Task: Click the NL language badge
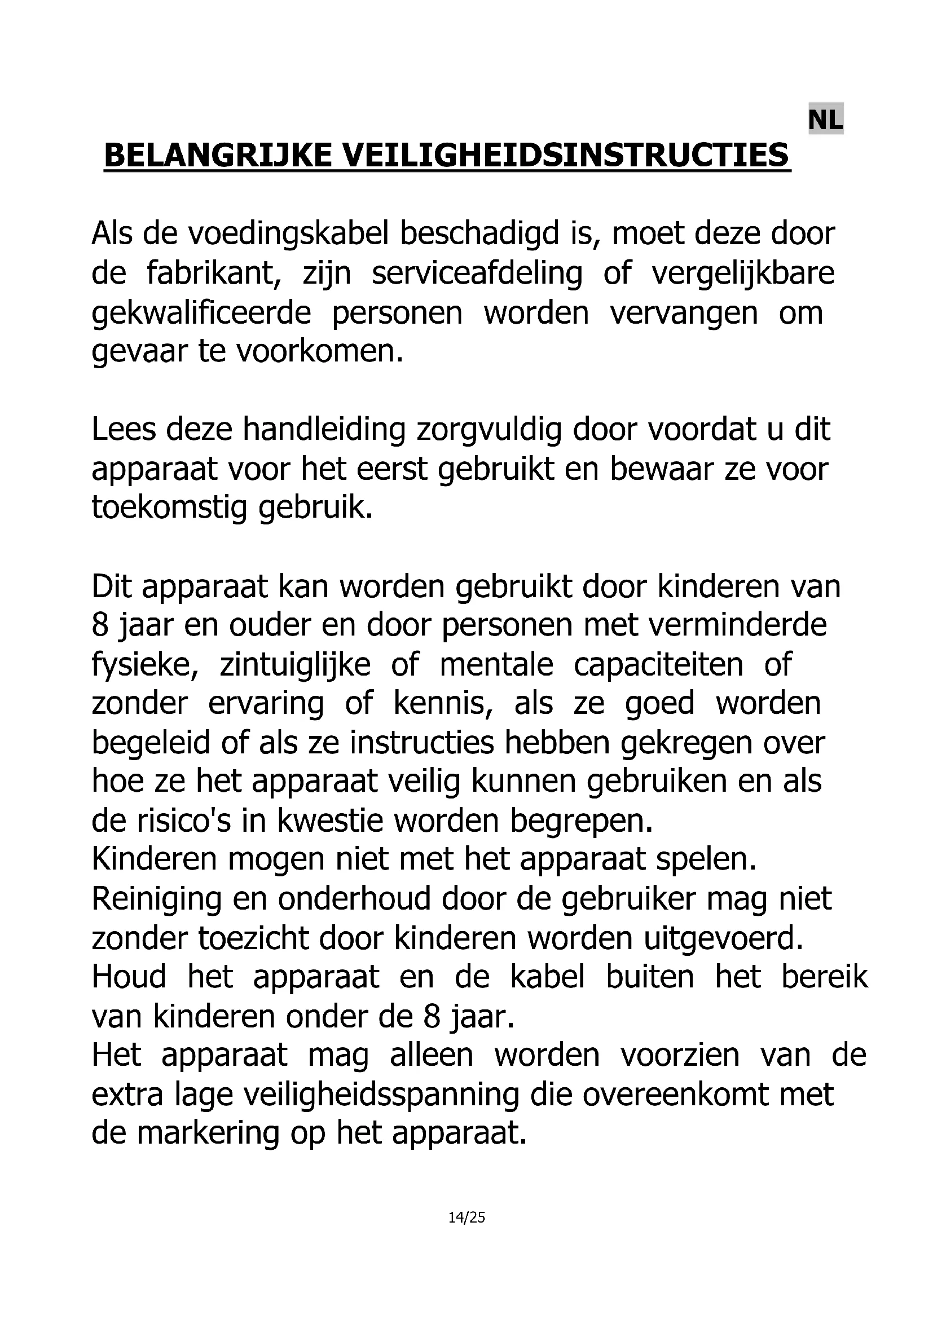825,120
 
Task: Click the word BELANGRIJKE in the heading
218,156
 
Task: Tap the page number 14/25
466,1217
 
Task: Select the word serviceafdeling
477,273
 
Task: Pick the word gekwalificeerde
201,314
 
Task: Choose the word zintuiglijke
294,665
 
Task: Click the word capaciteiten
658,665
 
